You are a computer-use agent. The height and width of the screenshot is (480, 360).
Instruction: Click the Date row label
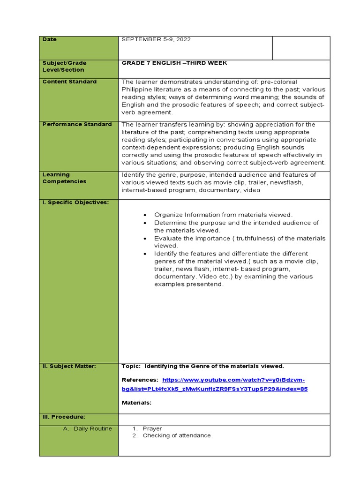click(50, 39)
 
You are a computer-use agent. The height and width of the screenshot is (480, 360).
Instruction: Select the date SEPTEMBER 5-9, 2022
click(156, 39)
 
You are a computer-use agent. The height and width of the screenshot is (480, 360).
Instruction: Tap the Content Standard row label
click(69, 82)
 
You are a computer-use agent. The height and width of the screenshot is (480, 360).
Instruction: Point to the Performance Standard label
click(77, 124)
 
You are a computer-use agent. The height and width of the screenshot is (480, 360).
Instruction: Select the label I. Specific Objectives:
click(75, 202)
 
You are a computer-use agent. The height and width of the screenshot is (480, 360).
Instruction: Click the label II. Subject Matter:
click(69, 366)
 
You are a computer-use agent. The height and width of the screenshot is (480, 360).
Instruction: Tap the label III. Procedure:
click(64, 417)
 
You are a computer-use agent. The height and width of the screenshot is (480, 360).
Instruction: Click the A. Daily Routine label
click(90, 429)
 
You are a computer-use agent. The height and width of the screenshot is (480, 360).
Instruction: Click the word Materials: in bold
click(136, 402)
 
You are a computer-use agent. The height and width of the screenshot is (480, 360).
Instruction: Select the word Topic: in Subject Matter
click(131, 366)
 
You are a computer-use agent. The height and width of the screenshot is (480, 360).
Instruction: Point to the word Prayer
click(152, 428)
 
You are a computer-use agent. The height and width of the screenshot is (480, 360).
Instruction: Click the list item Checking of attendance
click(177, 435)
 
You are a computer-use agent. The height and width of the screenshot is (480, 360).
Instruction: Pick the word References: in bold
click(140, 380)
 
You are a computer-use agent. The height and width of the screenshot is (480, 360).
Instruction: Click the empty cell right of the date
click(301, 48)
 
